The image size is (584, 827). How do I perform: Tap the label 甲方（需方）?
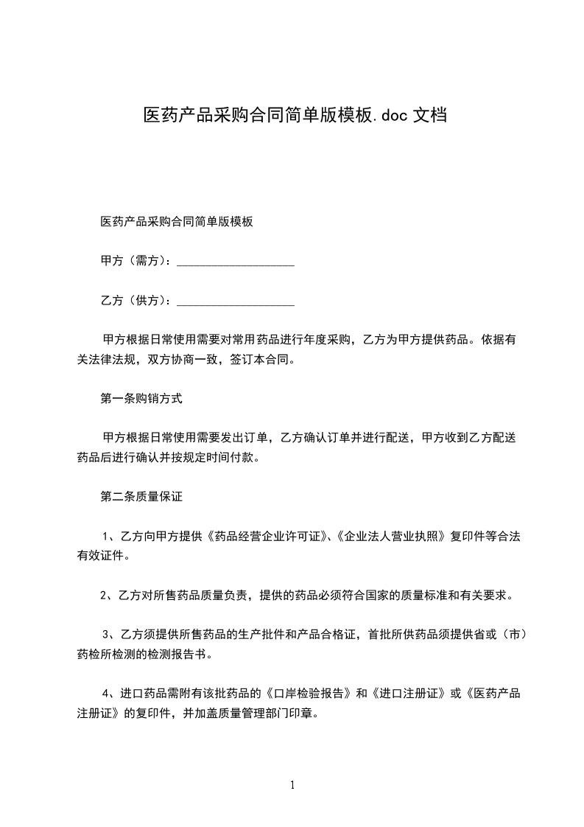pyautogui.click(x=136, y=261)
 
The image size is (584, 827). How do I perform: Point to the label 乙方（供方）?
pyautogui.click(x=136, y=301)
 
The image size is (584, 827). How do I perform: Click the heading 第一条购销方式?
pyautogui.click(x=141, y=399)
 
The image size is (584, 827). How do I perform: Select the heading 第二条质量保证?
pyautogui.click(x=141, y=498)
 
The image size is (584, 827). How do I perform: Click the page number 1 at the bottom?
pyautogui.click(x=292, y=785)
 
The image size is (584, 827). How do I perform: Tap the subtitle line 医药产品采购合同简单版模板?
pyautogui.click(x=177, y=221)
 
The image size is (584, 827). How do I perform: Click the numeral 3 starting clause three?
pyautogui.click(x=105, y=635)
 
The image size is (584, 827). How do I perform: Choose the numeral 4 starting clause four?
pyautogui.click(x=105, y=694)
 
